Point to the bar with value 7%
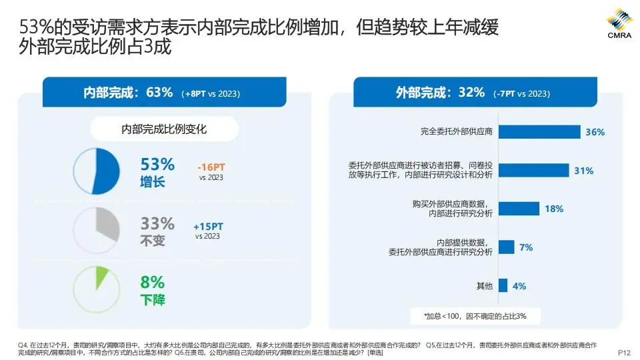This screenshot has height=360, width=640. [x=506, y=247]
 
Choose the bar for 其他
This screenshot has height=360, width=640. [x=503, y=286]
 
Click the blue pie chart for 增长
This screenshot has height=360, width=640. [x=96, y=171]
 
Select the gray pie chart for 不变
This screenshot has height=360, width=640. [x=96, y=231]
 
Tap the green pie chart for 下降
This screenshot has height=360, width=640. [x=96, y=289]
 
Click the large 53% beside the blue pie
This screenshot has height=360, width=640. [x=157, y=164]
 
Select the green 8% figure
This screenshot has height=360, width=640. [x=153, y=281]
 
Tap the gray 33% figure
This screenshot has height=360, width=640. [x=157, y=223]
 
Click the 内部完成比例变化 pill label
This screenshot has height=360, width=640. [x=164, y=129]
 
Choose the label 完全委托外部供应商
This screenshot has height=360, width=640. [x=457, y=131]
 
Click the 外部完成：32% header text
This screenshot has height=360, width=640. [x=440, y=93]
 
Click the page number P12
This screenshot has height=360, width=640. [x=624, y=352]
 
